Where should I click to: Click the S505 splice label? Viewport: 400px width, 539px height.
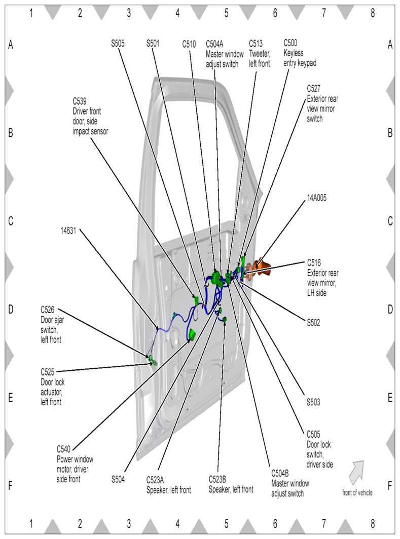coord(120,44)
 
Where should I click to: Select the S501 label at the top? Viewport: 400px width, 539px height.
coord(153,44)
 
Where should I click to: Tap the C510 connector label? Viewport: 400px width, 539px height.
coord(189,44)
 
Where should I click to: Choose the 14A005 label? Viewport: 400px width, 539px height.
coord(317,199)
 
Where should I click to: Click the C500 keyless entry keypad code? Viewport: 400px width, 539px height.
coord(292,44)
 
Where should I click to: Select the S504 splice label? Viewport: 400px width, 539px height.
coord(119,478)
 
